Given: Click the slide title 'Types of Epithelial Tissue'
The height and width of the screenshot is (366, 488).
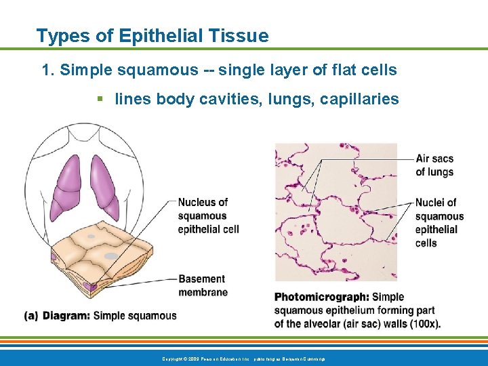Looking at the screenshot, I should coord(152,36).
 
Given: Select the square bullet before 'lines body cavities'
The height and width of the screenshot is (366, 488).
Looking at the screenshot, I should coord(100,99).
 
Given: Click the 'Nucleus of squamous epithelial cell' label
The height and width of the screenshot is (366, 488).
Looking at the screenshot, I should coord(208,216).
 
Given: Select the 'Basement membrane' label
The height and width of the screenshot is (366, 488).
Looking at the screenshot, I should coord(203,285).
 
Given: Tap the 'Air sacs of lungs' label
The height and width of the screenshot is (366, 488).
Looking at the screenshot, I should coord(434,165).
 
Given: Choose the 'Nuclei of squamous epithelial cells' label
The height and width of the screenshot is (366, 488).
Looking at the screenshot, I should coord(439,222).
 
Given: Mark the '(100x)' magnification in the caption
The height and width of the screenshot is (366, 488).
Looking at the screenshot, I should coord(423,323).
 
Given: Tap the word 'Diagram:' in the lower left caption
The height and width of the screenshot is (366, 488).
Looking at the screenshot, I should coord(66,315).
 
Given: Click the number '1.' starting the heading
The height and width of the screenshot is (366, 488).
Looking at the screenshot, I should coord(48,70).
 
